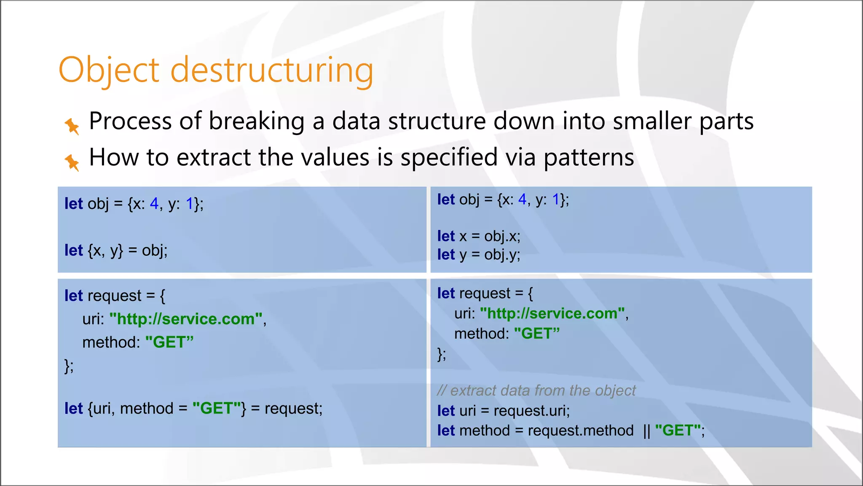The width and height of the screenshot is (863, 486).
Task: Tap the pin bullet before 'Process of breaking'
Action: pos(72,126)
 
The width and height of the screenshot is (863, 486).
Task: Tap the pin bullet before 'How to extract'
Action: pos(72,162)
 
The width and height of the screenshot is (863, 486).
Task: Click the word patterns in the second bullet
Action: pos(589,158)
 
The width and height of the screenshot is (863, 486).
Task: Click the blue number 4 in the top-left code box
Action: pos(154,204)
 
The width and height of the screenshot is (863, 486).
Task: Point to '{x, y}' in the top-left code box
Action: pos(105,251)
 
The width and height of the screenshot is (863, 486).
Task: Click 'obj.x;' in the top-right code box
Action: pos(502,236)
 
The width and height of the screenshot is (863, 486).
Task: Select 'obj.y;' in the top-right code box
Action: pos(502,255)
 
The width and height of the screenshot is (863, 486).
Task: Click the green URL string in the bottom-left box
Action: pos(186,319)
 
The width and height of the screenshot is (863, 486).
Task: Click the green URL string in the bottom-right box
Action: pos(552,313)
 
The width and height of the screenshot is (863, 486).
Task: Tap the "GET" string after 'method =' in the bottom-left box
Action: pos(217,408)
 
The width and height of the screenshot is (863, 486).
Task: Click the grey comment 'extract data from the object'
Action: pos(543,391)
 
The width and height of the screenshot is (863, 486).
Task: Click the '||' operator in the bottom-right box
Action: pos(647,431)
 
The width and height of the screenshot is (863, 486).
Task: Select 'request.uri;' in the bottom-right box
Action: pos(531,411)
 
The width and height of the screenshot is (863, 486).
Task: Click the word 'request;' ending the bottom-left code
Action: pos(293,408)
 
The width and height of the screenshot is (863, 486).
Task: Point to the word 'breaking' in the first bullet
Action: pos(257,121)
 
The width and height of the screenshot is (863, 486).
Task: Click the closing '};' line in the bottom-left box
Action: pos(69,365)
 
